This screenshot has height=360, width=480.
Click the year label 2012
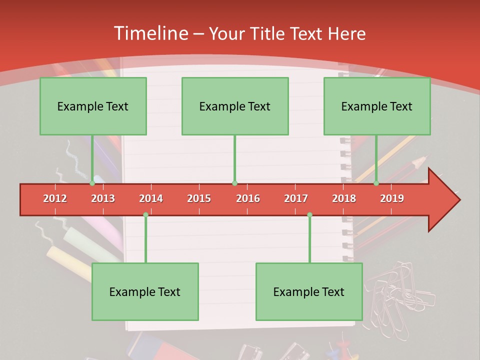(x=55, y=198)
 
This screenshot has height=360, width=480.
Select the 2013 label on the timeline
(x=103, y=198)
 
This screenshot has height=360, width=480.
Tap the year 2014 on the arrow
(x=151, y=198)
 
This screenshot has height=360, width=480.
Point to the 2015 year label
(x=199, y=198)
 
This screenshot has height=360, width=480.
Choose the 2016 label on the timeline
(x=248, y=198)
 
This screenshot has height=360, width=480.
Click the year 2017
(x=296, y=198)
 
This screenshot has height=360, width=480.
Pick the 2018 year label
(x=344, y=198)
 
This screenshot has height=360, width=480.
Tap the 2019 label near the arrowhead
(x=392, y=198)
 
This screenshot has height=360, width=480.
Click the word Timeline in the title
(x=150, y=33)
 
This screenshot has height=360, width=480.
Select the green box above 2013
(x=93, y=106)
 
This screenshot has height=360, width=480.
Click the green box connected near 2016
(x=235, y=106)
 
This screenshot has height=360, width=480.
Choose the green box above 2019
(x=377, y=106)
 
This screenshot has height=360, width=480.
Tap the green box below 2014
(x=145, y=291)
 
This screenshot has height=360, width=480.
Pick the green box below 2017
(x=309, y=291)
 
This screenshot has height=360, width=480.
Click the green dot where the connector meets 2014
(x=145, y=214)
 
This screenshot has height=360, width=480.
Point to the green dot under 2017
(x=309, y=214)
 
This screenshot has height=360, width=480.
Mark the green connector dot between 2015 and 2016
(x=234, y=183)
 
